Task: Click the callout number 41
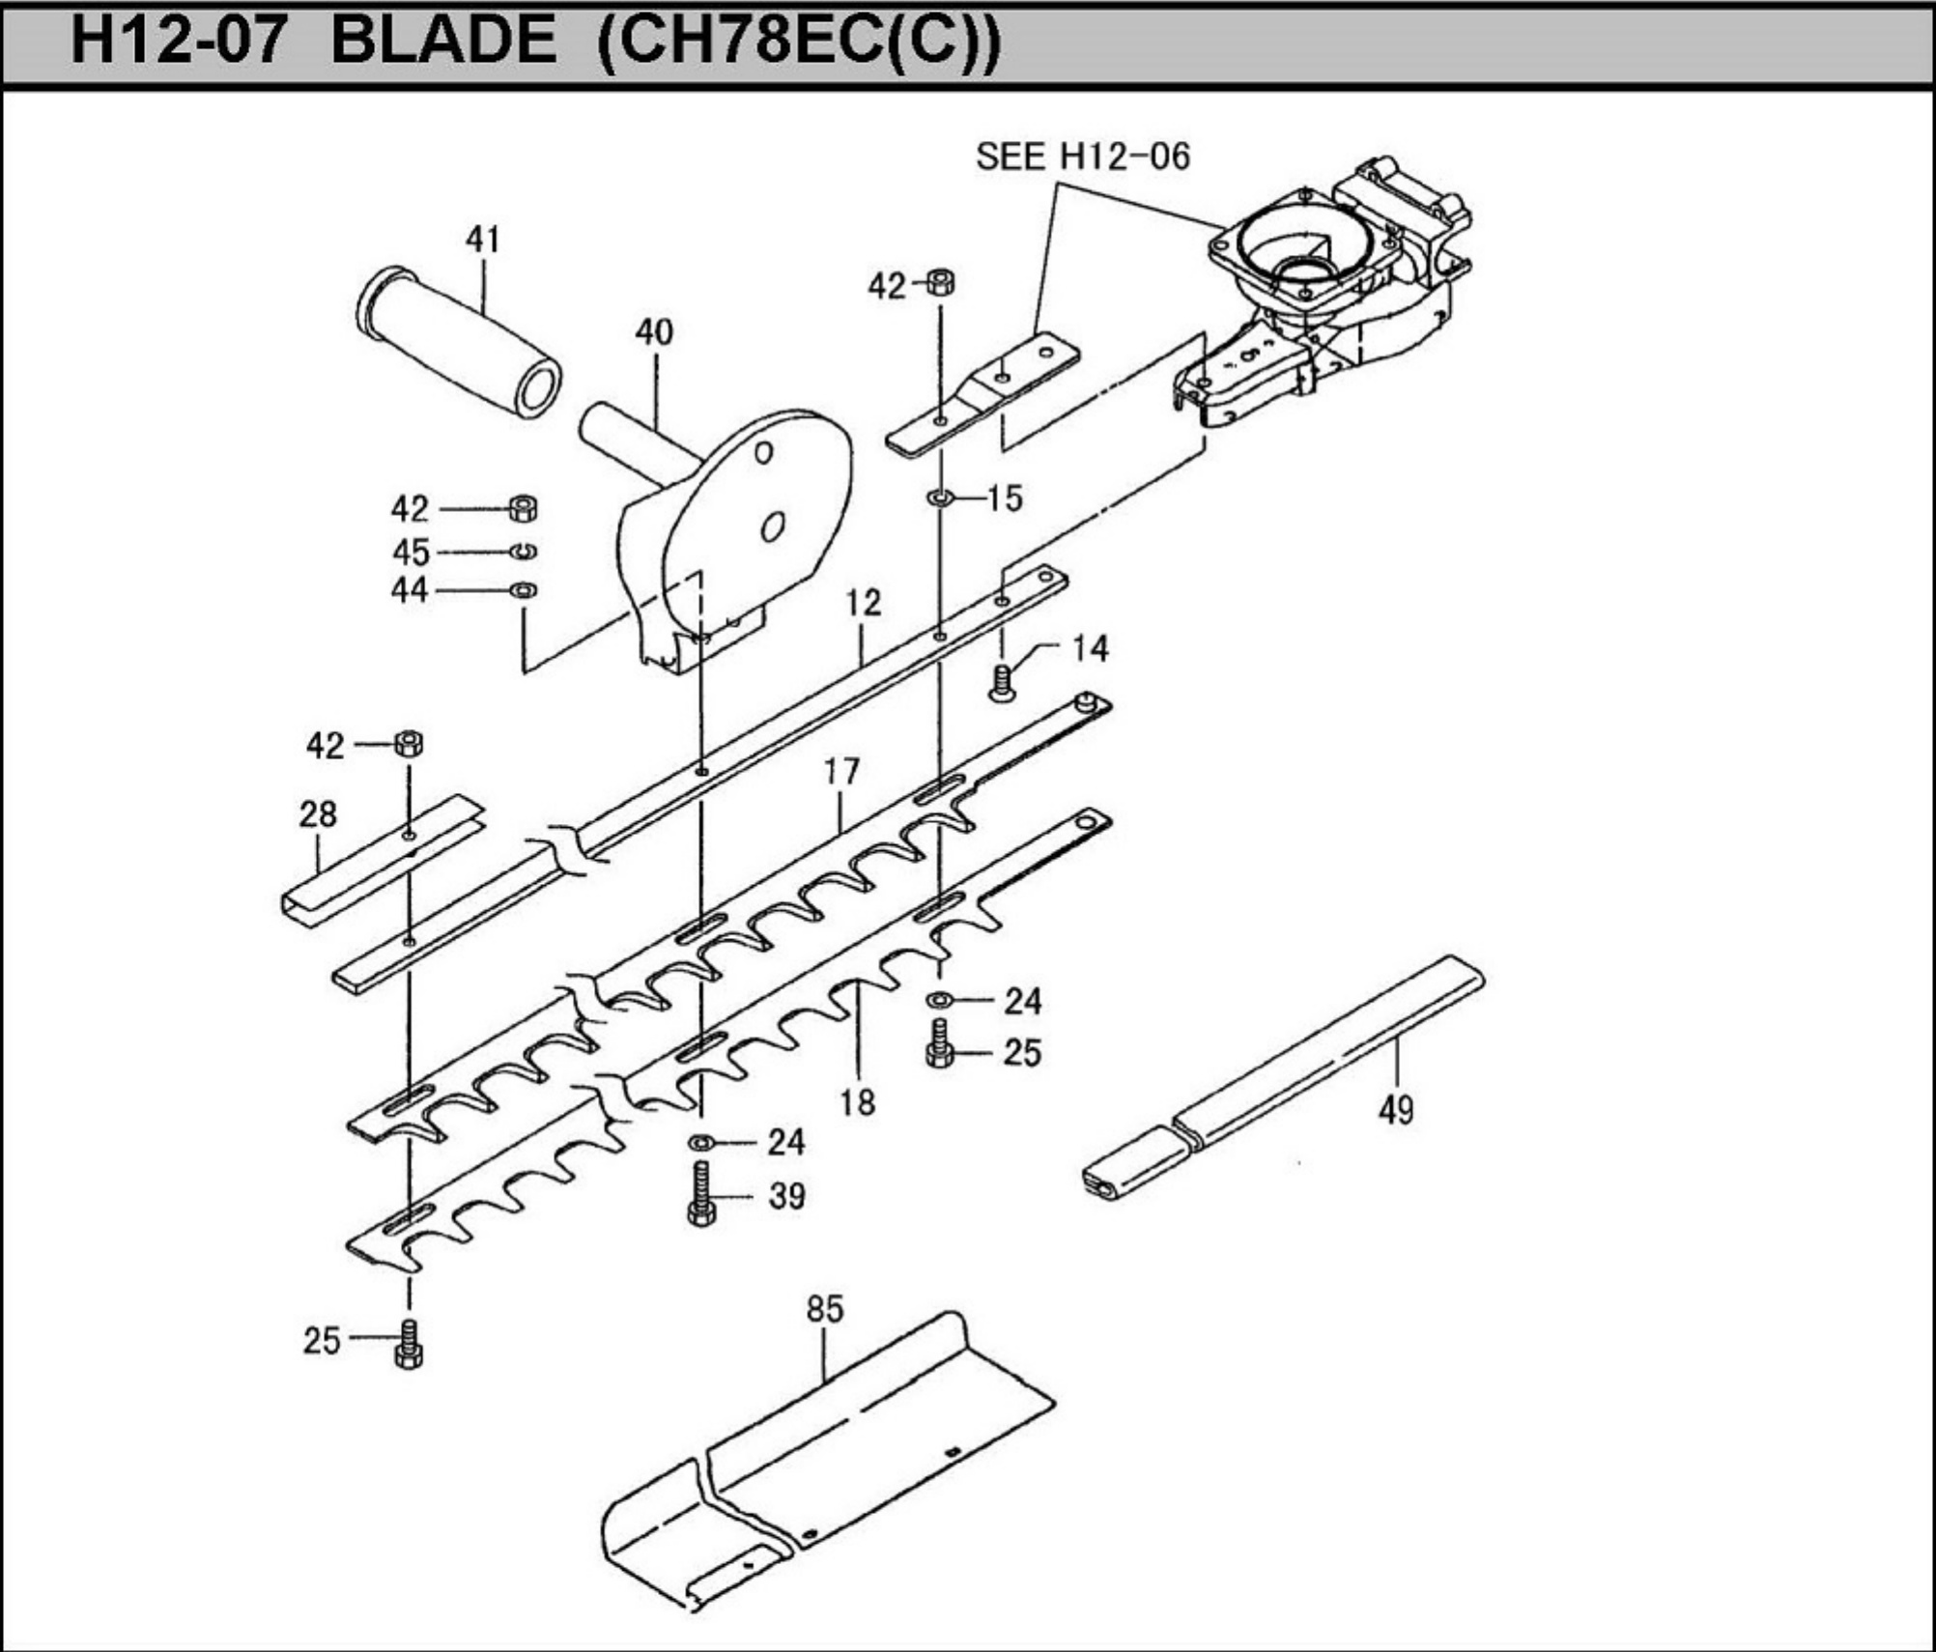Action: (483, 239)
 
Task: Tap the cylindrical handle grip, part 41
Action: (460, 341)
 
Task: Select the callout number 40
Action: (654, 331)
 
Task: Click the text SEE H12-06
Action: (1082, 157)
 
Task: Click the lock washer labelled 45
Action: (524, 552)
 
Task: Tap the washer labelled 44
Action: (524, 589)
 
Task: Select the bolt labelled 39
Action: (701, 1194)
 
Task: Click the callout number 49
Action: (1396, 1110)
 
